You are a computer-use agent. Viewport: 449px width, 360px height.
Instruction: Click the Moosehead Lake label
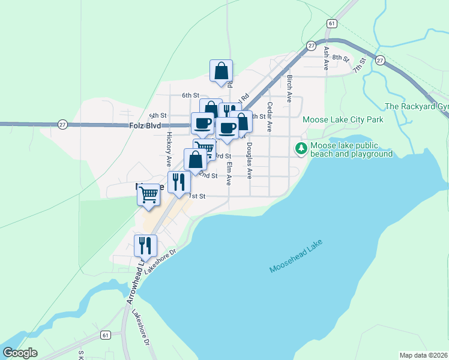click(x=297, y=257)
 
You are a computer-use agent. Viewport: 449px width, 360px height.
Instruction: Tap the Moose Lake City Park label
click(x=343, y=120)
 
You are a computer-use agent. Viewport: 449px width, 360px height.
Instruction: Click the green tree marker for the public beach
click(x=301, y=148)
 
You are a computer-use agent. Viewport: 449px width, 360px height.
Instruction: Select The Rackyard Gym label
click(x=418, y=107)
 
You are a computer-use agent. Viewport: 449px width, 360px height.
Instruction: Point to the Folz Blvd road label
click(x=145, y=126)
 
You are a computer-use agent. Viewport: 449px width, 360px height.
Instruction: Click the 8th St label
click(x=341, y=58)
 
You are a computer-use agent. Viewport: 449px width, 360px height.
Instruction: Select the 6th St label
click(x=190, y=95)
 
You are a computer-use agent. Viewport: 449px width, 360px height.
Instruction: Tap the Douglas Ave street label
click(x=249, y=161)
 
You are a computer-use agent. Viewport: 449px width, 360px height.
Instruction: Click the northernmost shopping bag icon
click(x=221, y=71)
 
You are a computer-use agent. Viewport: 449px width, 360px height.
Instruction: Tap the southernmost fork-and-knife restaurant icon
click(x=145, y=245)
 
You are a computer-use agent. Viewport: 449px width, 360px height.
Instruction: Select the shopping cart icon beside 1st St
click(x=149, y=194)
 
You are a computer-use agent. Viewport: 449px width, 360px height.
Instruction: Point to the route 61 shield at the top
click(x=331, y=23)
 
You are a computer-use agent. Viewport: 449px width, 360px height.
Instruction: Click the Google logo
click(x=20, y=353)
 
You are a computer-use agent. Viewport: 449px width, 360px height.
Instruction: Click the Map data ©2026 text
click(x=424, y=355)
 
